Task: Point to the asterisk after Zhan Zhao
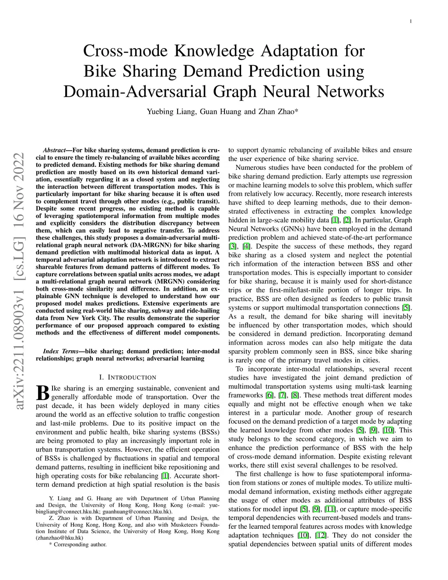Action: [297, 111]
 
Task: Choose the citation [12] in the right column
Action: [321, 535]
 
